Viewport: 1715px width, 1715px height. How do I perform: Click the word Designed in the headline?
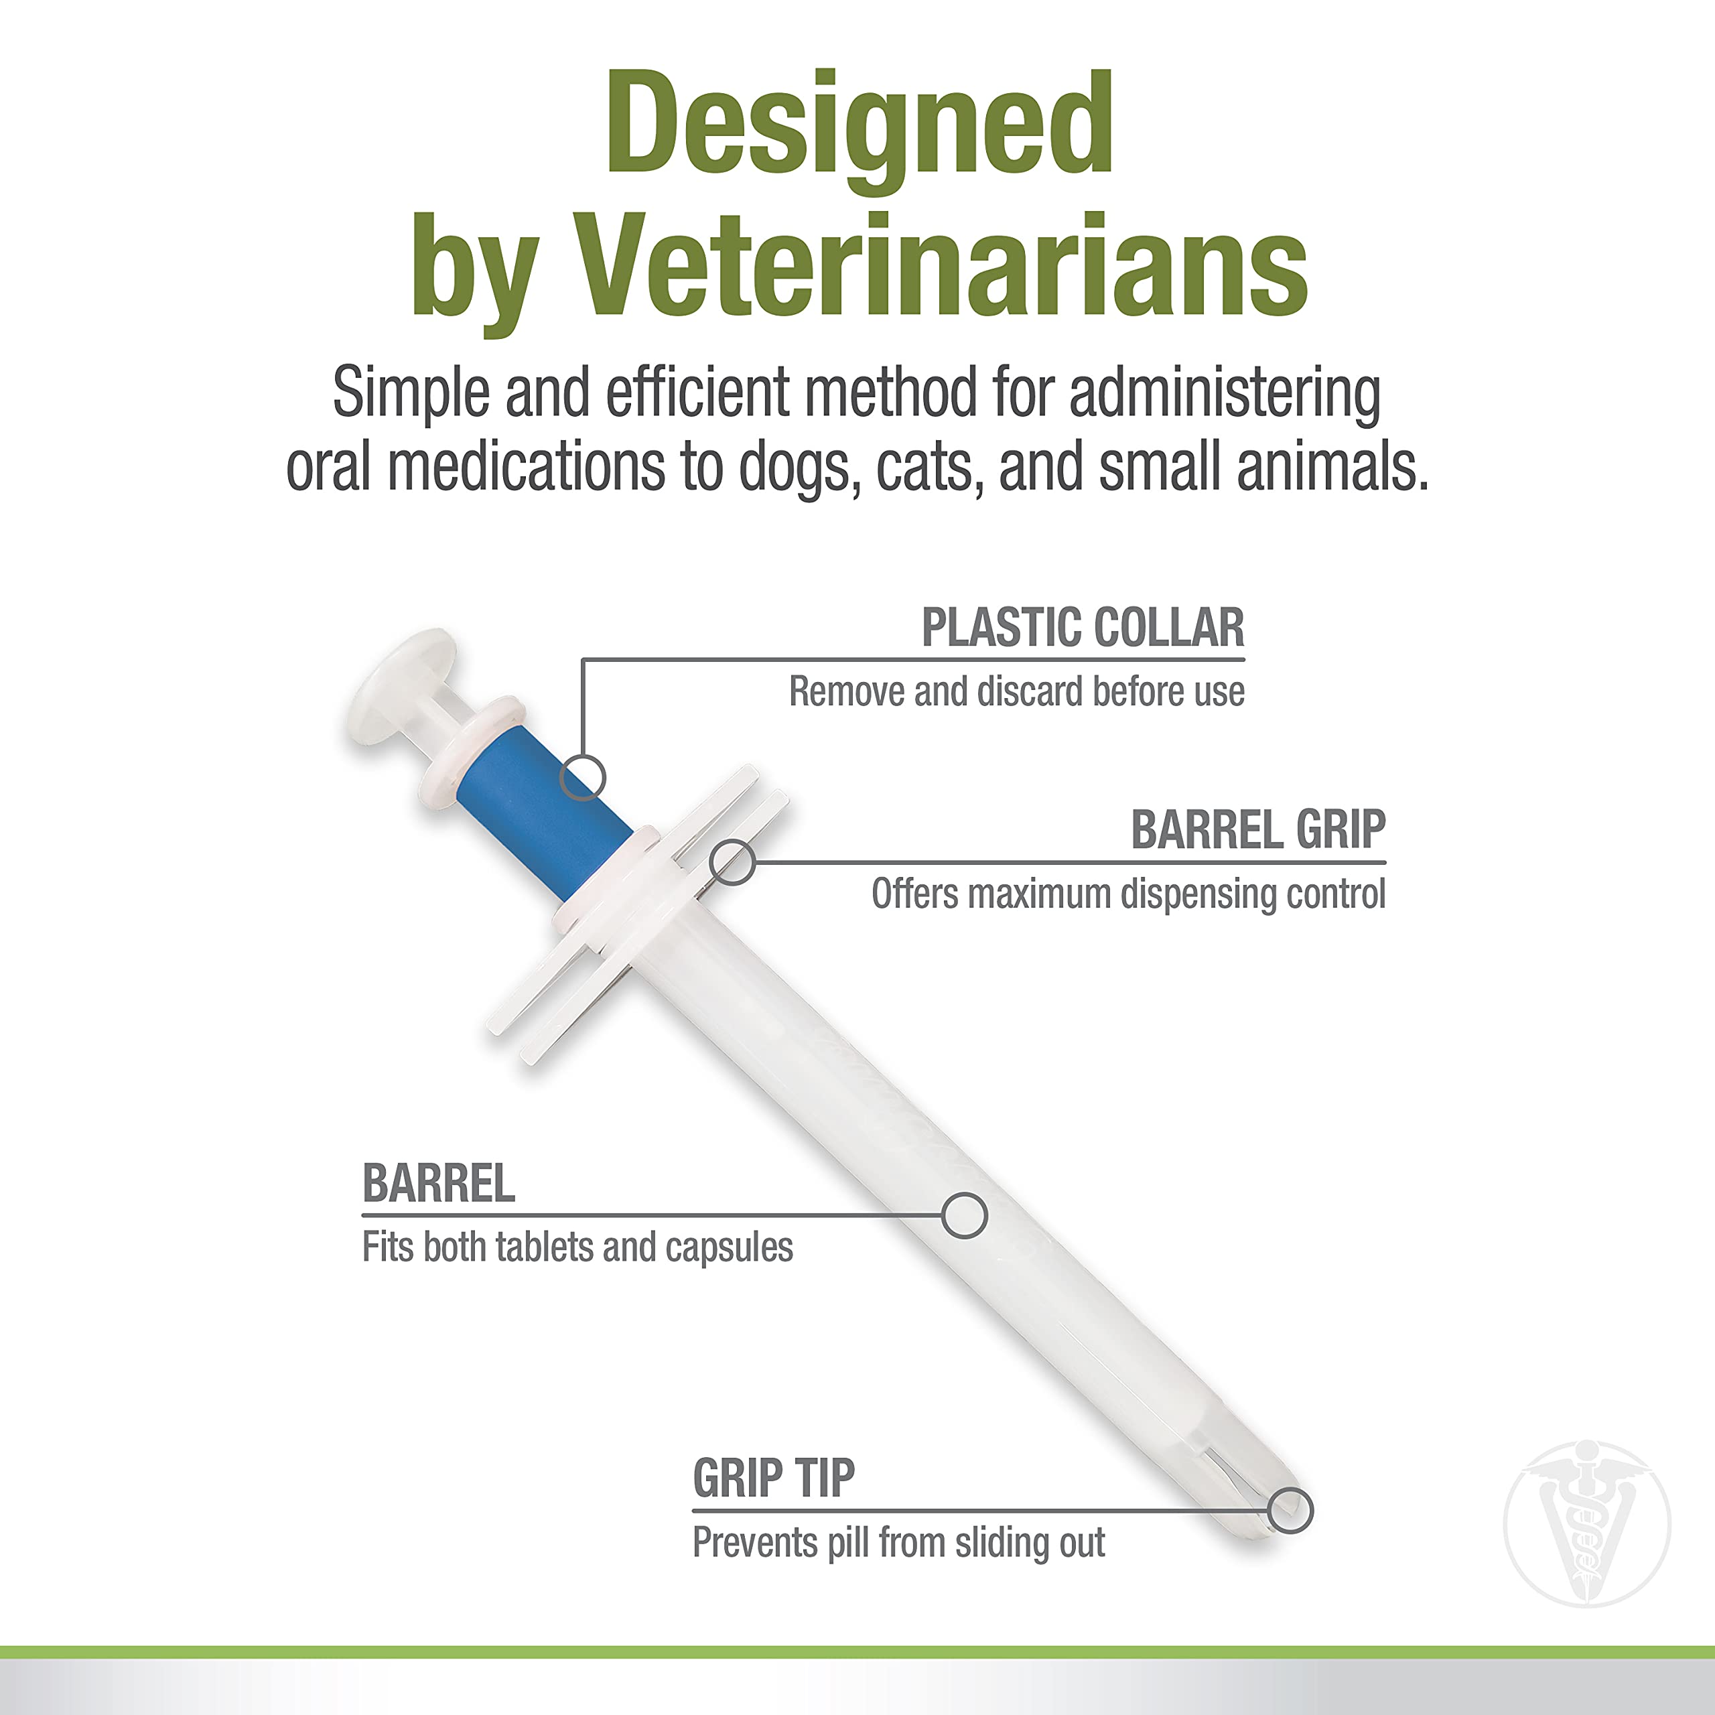[860, 125]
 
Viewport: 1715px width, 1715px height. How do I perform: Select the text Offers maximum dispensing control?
[1127, 894]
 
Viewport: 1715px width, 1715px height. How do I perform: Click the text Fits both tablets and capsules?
[577, 1247]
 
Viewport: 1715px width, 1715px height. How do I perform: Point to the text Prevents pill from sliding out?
[898, 1543]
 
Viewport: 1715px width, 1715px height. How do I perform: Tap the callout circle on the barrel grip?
[732, 861]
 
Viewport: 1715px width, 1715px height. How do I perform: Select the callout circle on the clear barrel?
[964, 1215]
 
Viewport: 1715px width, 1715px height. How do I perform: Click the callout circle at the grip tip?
[1290, 1510]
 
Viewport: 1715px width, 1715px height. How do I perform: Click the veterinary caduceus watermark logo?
[1587, 1524]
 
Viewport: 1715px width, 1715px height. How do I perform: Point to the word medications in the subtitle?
[525, 467]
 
